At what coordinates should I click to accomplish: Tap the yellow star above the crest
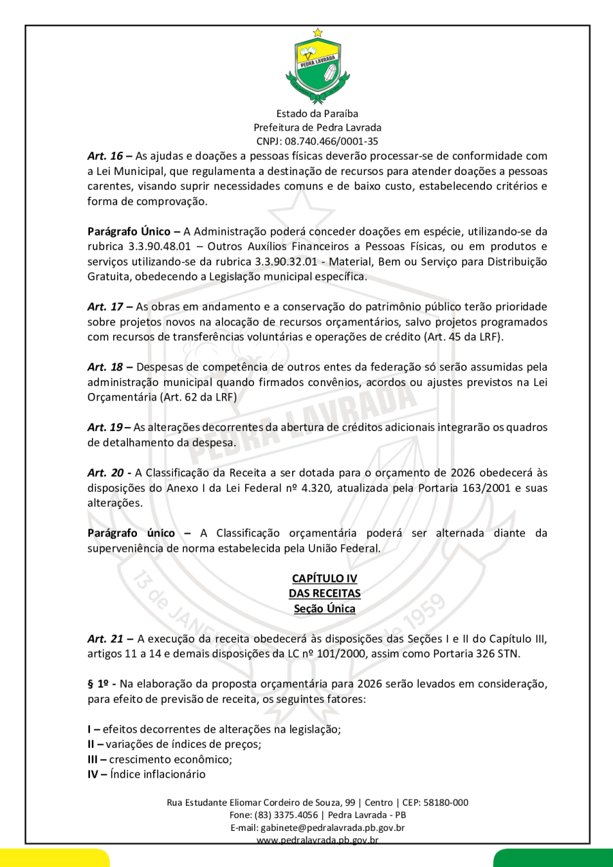317,32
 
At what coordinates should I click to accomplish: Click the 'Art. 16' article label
104,156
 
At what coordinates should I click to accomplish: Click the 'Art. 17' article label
104,306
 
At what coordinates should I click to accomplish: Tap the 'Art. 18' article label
104,366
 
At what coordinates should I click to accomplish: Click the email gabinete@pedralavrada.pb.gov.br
317,827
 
